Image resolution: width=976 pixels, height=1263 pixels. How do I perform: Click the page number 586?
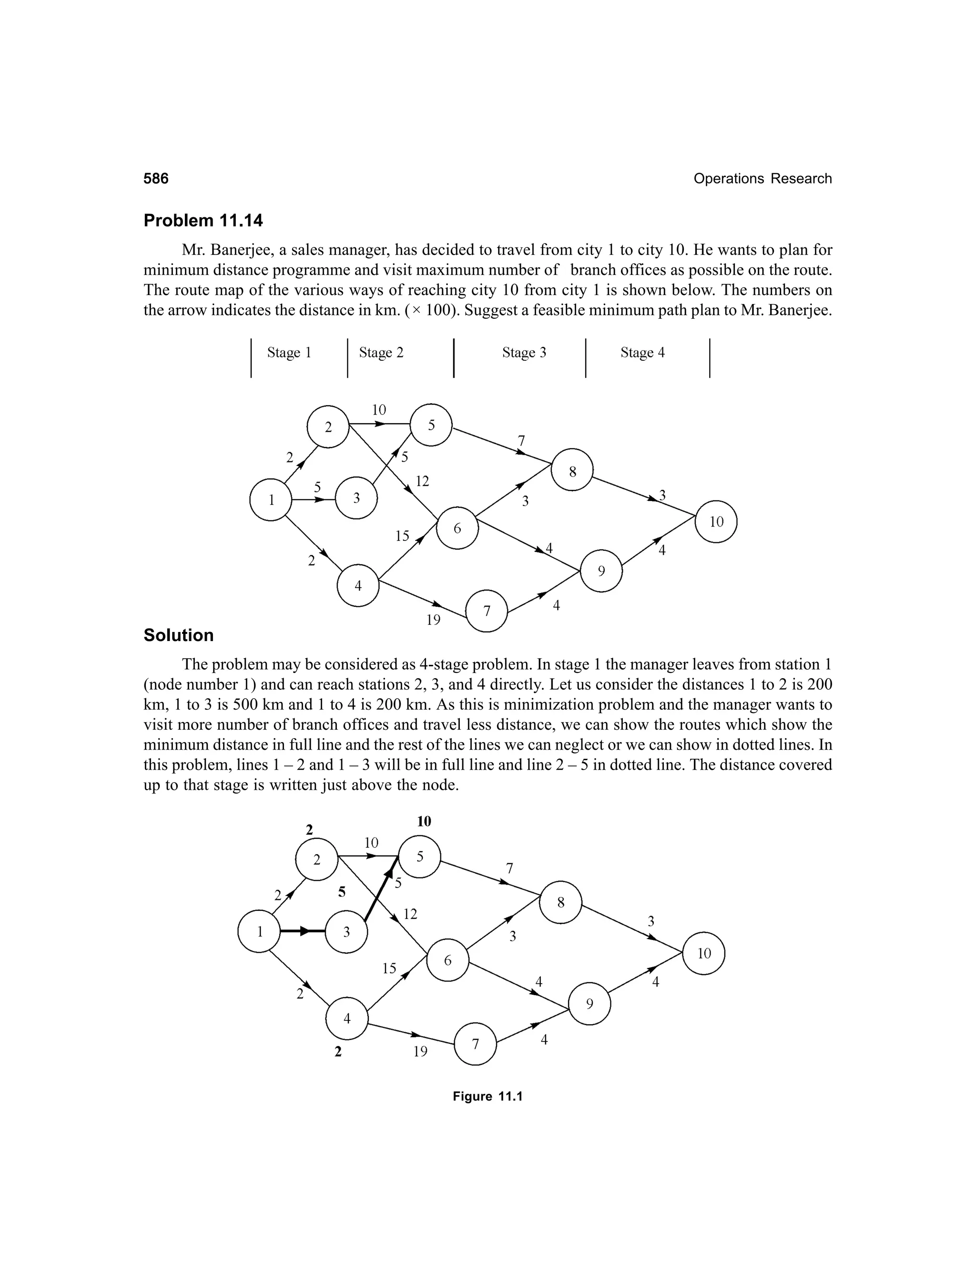[156, 179]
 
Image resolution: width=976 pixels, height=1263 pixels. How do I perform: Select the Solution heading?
[179, 635]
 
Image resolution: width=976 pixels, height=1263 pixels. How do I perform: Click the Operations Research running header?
[762, 179]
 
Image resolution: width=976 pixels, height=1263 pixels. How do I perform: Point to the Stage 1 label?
[289, 353]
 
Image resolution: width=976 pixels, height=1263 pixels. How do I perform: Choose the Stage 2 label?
[381, 353]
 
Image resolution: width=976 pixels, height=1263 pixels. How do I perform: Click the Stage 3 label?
[524, 353]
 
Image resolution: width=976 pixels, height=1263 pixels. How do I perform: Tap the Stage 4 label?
[642, 353]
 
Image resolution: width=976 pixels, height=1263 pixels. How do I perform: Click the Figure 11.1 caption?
[488, 1097]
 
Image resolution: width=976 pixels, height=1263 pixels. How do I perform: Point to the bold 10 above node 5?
[424, 822]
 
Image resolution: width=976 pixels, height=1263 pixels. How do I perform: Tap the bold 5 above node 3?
[342, 892]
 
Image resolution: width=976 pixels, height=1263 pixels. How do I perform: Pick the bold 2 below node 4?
[338, 1052]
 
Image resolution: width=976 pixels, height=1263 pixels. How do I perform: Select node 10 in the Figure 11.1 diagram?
[704, 954]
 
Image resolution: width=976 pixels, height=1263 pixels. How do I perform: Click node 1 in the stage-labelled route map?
[271, 499]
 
